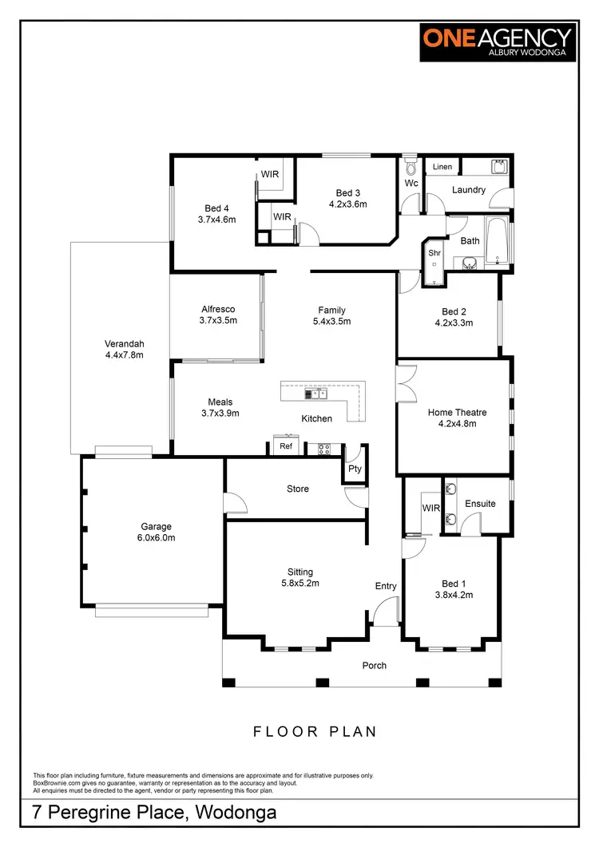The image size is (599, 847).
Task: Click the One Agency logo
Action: click(x=498, y=42)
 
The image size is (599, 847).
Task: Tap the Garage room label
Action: click(x=157, y=527)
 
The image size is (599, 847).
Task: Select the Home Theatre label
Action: click(x=457, y=413)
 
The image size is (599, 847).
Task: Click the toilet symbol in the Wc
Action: click(x=411, y=168)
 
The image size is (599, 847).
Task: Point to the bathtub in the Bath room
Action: click(x=497, y=241)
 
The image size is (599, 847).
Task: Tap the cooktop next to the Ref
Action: click(x=324, y=449)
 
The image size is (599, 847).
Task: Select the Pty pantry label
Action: click(x=355, y=469)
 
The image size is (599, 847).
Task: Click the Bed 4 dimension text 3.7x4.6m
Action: click(x=216, y=220)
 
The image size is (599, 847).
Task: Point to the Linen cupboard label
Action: click(x=442, y=167)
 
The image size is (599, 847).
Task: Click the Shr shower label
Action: click(x=434, y=253)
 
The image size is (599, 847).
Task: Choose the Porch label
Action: click(x=374, y=666)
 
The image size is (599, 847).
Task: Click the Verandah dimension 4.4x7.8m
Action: click(x=124, y=354)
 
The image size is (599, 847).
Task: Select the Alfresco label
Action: click(x=217, y=310)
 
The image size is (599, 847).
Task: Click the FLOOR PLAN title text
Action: click(x=315, y=731)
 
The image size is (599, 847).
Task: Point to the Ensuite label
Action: click(x=480, y=504)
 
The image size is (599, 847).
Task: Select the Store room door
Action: click(x=235, y=503)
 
